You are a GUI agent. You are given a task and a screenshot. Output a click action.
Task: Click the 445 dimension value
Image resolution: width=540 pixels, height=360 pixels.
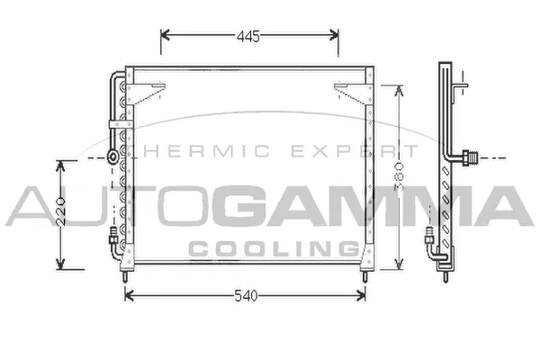click(248, 36)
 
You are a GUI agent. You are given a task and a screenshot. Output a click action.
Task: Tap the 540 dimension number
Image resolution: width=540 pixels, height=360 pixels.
click(245, 295)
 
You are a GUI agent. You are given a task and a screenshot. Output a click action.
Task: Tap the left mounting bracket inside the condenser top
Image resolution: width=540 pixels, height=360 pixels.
click(151, 89)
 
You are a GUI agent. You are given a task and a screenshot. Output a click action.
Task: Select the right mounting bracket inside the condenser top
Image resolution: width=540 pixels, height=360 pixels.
click(347, 89)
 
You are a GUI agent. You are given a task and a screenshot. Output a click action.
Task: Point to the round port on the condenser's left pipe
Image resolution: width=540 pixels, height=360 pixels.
click(112, 156)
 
